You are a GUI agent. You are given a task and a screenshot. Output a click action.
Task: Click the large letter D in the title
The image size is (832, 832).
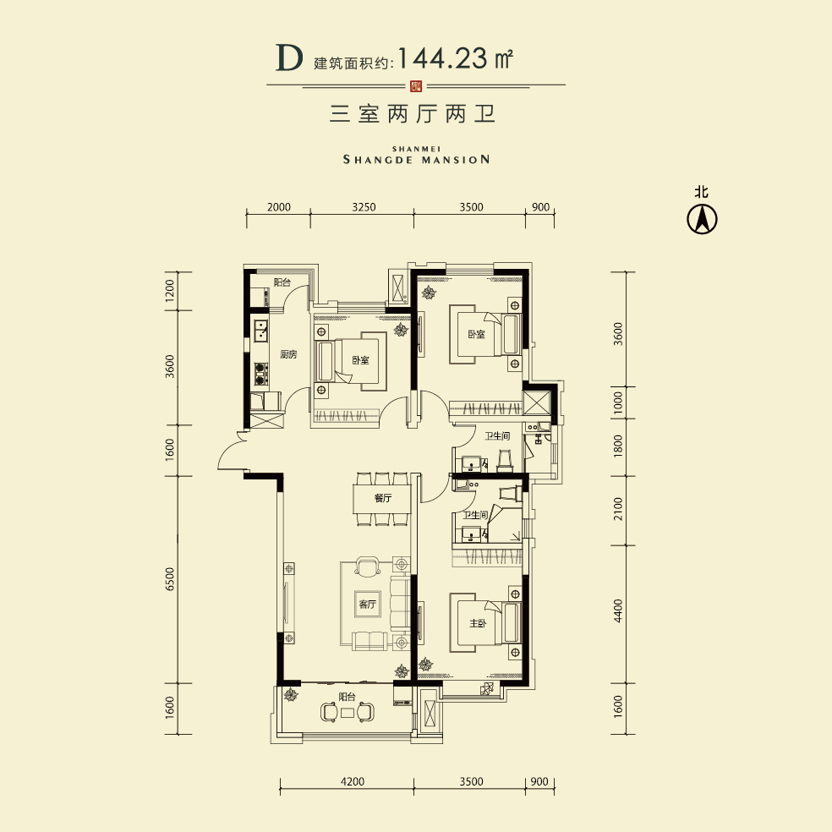(x=288, y=58)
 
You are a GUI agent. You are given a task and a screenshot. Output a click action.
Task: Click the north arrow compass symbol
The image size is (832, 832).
(x=701, y=219)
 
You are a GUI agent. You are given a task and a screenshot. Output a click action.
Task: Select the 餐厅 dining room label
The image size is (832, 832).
(x=383, y=499)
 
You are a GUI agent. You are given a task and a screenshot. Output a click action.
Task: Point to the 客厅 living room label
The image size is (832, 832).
(x=367, y=605)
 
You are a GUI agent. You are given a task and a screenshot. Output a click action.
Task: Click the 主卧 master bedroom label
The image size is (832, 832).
(x=478, y=624)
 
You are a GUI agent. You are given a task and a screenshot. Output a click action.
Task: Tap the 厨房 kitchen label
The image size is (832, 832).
(x=287, y=355)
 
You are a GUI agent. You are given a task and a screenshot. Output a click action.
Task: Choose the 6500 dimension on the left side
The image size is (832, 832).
(x=170, y=579)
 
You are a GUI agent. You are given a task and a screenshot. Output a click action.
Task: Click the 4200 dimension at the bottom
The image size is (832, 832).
(x=353, y=781)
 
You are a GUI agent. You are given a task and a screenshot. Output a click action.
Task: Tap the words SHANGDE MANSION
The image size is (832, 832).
(x=416, y=158)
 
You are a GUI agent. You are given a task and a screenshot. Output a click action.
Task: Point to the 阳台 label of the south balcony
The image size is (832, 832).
(x=347, y=698)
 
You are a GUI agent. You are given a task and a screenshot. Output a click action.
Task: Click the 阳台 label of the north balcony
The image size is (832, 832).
(x=282, y=282)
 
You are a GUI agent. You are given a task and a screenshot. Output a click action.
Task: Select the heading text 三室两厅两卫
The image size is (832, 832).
(x=413, y=115)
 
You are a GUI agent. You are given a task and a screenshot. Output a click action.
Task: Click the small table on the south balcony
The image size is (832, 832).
(x=348, y=713)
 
